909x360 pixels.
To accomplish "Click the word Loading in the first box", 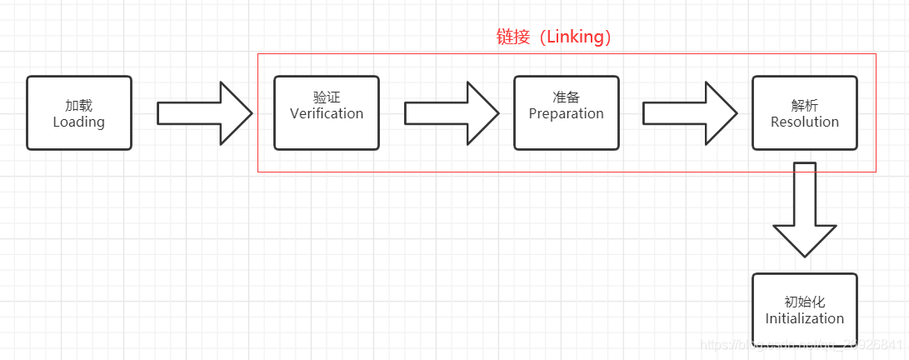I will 79,122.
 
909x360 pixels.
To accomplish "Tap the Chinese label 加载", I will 79,106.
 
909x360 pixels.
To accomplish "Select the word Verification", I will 327,113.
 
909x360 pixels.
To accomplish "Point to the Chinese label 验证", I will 327,97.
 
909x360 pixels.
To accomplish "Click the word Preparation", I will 567,113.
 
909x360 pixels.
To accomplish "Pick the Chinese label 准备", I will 567,97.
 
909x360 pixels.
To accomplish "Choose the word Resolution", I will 805,122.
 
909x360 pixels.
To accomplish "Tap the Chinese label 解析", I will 805,106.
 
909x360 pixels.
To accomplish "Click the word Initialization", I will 805,318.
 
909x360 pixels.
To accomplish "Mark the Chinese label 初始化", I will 805,302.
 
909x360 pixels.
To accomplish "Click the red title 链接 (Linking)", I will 554,37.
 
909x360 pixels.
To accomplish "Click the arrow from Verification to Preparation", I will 451,112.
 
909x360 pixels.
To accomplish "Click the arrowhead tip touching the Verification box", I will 251,112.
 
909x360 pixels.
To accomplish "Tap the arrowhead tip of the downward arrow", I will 805,255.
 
